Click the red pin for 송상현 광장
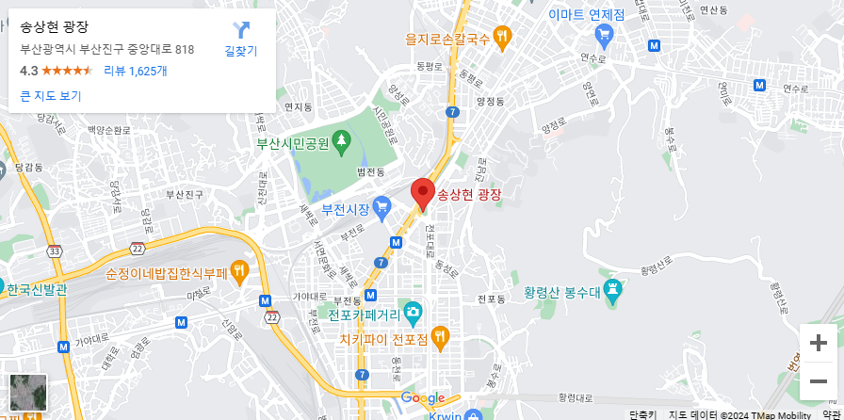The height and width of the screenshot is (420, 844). click(423, 193)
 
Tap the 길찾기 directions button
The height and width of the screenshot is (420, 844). click(241, 40)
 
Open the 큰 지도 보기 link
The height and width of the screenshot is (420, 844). click(51, 96)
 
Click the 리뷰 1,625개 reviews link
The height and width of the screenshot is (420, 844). click(136, 71)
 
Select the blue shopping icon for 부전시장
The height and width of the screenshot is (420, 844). click(381, 206)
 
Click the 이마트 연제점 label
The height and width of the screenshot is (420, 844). click(586, 15)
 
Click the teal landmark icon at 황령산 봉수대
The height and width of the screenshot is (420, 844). click(613, 292)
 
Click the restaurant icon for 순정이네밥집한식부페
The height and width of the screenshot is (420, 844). click(239, 273)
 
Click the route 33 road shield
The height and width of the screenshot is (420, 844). click(56, 250)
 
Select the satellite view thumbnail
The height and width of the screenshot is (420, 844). click(27, 392)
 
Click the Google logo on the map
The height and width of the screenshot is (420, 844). click(422, 398)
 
